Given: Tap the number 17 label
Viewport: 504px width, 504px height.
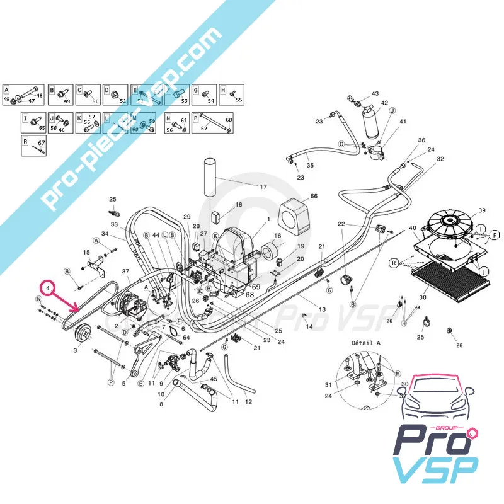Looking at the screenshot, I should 263,186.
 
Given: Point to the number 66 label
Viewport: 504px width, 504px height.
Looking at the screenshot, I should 314,197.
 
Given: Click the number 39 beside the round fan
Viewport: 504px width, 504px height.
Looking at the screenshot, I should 482,210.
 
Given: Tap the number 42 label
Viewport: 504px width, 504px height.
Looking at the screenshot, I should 384,103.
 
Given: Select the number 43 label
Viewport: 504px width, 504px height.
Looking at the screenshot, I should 375,93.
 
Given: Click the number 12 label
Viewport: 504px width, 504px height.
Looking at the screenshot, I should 248,402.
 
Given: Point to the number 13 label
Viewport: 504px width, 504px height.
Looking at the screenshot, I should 322,309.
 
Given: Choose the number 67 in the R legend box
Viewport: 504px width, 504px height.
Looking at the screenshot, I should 42,143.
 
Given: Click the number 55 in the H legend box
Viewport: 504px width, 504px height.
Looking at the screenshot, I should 238,100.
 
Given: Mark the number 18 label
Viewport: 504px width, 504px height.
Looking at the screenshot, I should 239,205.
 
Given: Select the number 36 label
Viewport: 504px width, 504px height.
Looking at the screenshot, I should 421,140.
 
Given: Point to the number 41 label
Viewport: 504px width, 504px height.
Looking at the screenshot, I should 403,122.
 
